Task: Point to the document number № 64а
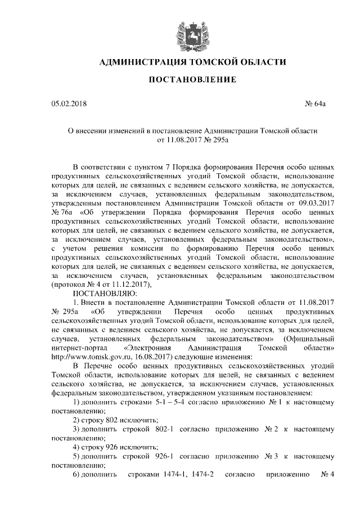point(323,104)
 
